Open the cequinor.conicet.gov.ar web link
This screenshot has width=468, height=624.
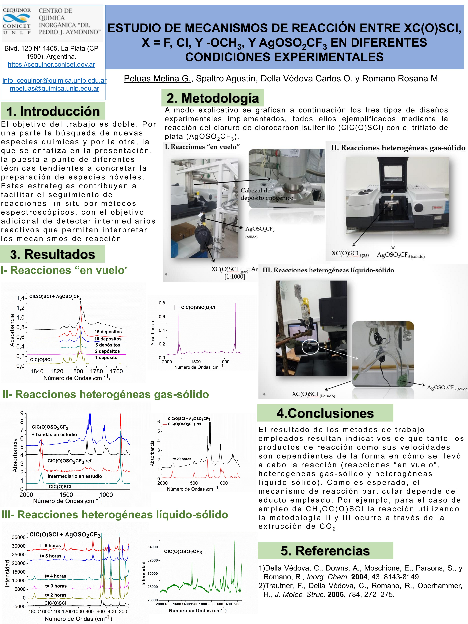click(51, 65)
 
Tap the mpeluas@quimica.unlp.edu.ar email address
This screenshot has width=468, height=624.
click(54, 89)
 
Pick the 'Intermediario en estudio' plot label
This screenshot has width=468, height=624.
click(75, 476)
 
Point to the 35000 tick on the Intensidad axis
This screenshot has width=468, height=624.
click(19, 537)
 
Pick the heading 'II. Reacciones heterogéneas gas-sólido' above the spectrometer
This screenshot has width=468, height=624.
click(398, 148)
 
